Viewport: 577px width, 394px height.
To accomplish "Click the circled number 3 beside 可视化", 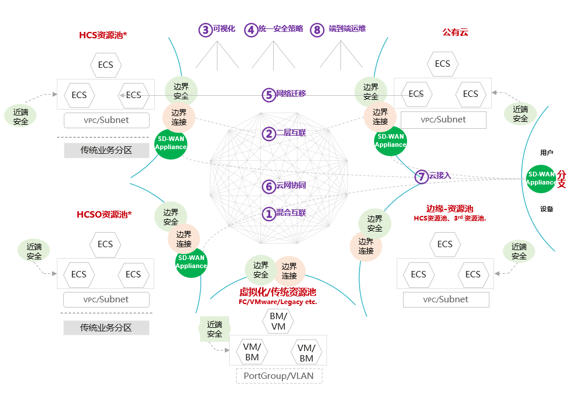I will [205, 30].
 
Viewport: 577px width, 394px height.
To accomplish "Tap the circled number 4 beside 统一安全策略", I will [251, 30].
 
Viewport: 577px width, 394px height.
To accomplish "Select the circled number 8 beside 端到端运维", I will [317, 30].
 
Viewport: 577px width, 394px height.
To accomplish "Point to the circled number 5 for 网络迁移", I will [268, 95].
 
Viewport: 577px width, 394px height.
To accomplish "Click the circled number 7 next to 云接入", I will [422, 176].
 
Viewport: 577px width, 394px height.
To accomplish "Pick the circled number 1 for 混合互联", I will [268, 214].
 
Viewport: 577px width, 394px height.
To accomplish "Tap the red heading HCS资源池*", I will [103, 35].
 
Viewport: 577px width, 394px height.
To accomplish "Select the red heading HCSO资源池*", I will [104, 214].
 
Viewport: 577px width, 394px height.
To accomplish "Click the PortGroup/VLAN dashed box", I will [278, 375].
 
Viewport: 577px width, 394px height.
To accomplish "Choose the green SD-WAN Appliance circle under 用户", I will [541, 178].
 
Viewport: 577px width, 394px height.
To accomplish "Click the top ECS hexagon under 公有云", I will [442, 64].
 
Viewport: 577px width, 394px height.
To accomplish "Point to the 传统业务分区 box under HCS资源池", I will [106, 150].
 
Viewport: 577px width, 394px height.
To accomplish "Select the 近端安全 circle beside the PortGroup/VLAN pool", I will [215, 329].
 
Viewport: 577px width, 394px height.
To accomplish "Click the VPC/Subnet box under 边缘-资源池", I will [446, 299].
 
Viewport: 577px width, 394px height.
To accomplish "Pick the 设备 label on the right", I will [547, 209].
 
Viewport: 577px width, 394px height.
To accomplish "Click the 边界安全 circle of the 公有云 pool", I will [371, 92].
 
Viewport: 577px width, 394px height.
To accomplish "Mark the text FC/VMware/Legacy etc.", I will [278, 302].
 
